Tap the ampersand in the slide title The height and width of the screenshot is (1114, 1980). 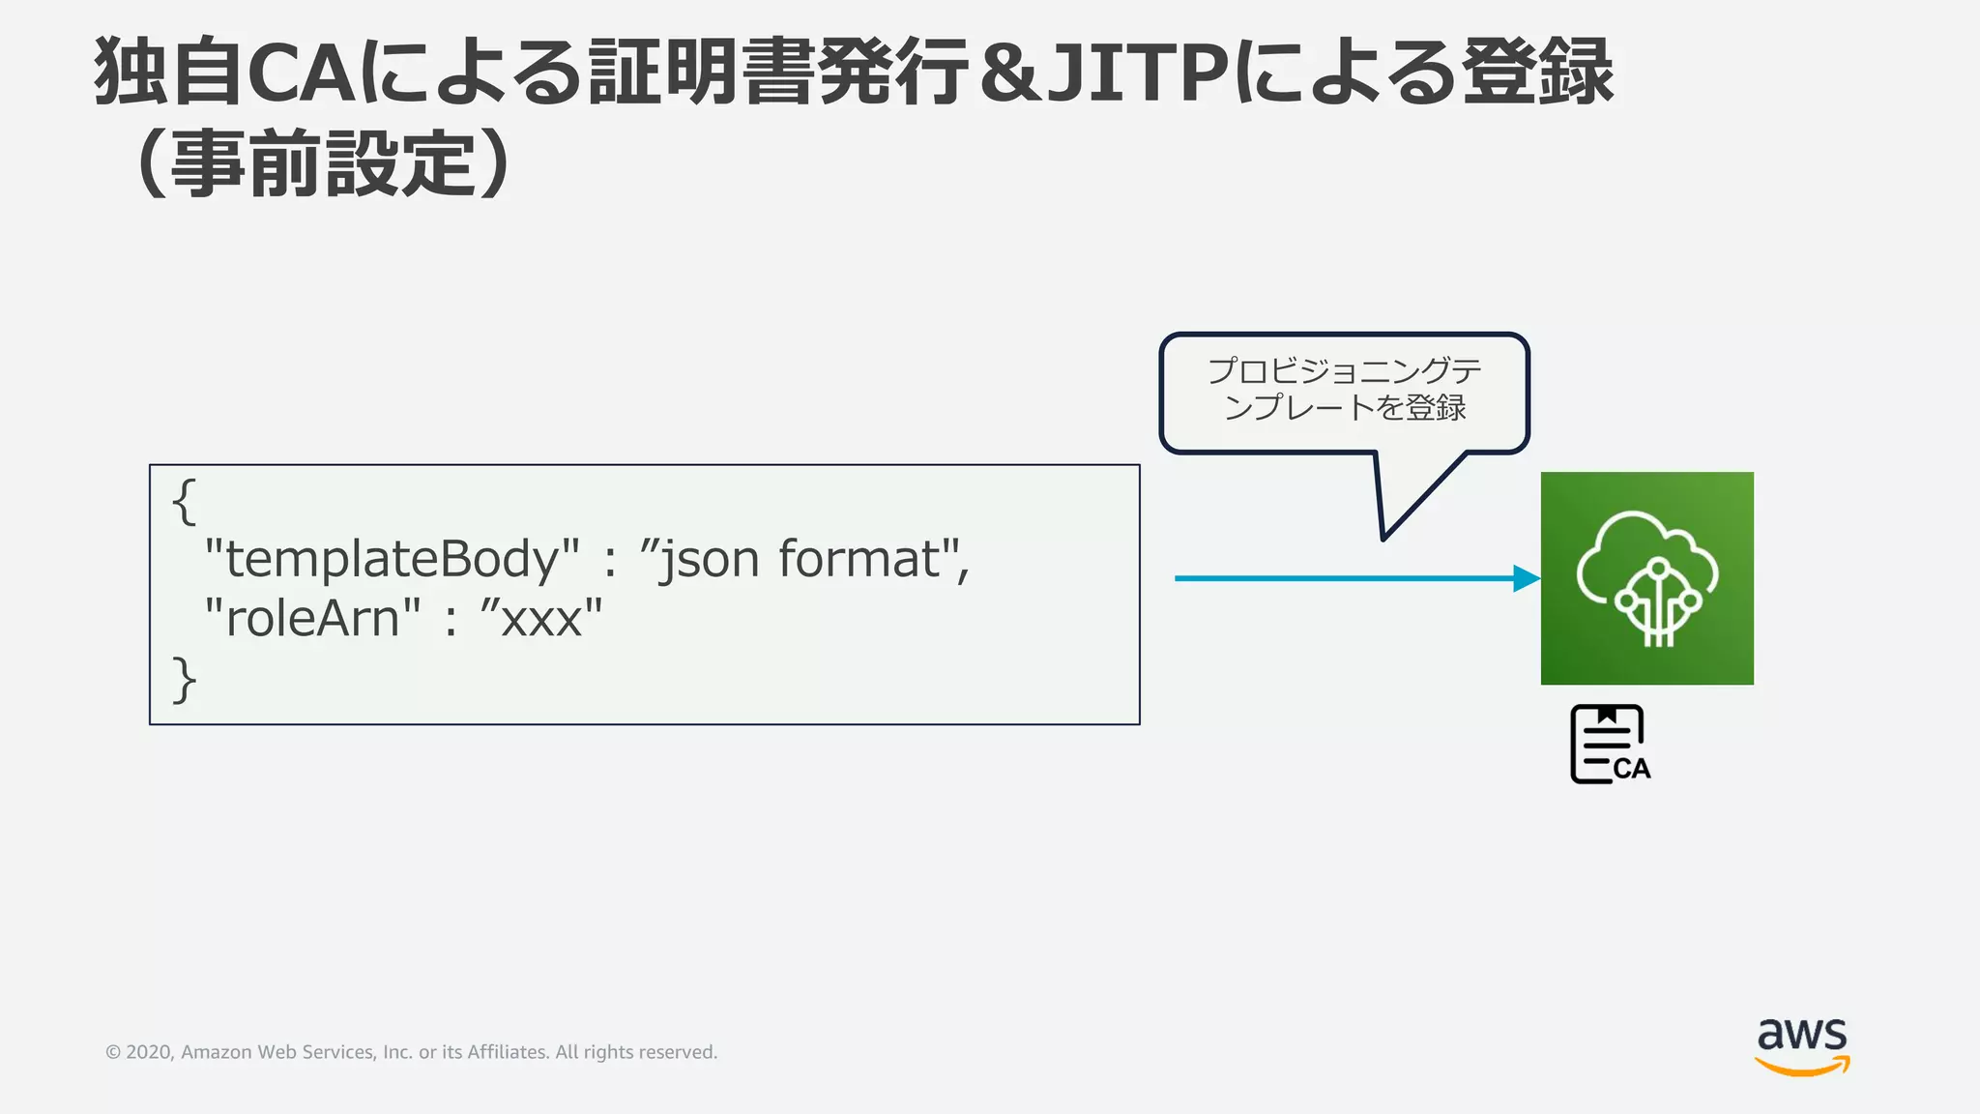(x=1008, y=73)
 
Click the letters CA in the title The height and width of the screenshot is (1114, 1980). (x=301, y=73)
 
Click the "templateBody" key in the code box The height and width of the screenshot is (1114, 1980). (x=392, y=559)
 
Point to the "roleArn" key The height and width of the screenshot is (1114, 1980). (x=312, y=618)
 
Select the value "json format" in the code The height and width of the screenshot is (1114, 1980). (x=802, y=559)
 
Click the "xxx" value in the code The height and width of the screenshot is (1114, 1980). (x=541, y=618)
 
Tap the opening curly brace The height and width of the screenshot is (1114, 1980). (x=184, y=502)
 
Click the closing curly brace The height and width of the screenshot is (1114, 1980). (x=184, y=679)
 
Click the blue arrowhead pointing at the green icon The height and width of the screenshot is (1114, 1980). (x=1526, y=578)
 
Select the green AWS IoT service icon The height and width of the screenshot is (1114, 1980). (x=1646, y=578)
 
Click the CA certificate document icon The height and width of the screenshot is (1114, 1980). (x=1609, y=744)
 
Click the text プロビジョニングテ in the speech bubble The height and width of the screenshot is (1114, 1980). (x=1344, y=371)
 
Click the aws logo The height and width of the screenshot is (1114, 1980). (x=1801, y=1037)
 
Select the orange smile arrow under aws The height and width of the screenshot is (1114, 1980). (x=1801, y=1067)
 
